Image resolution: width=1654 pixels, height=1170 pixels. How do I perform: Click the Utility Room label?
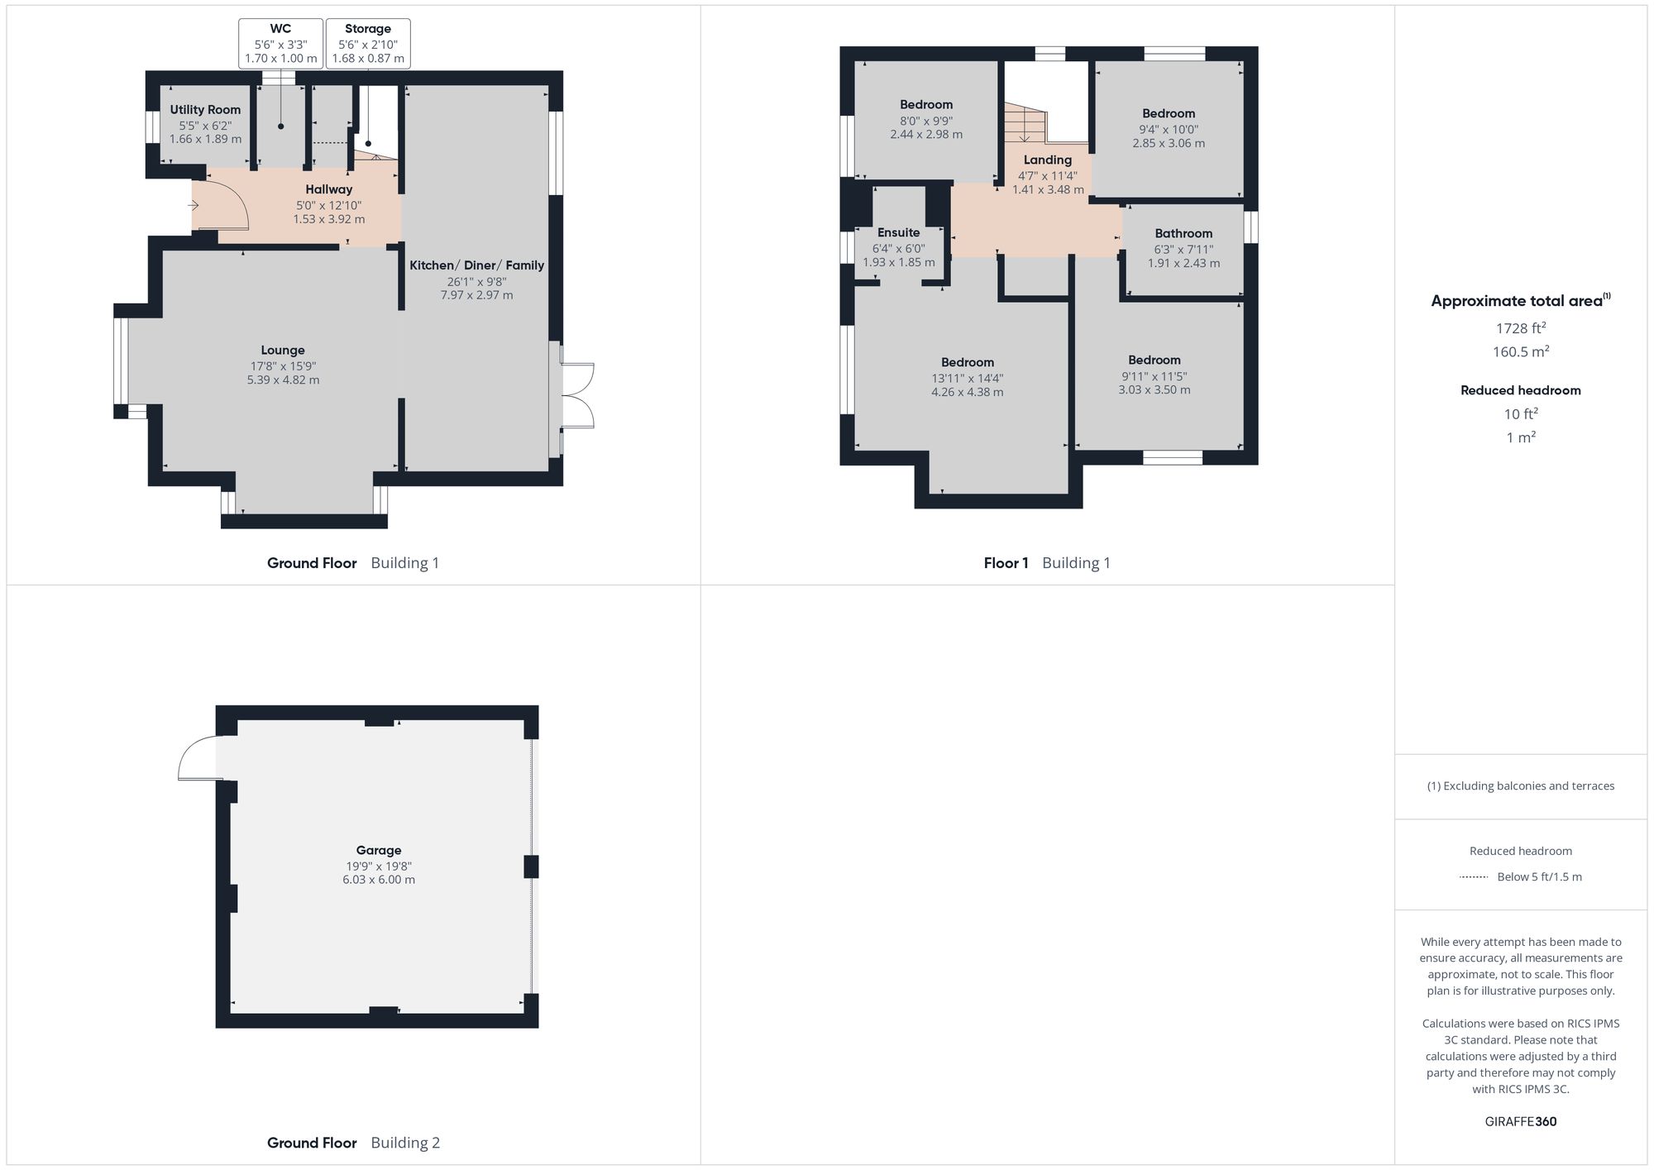coord(205,110)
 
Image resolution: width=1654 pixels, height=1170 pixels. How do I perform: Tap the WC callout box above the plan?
coord(280,44)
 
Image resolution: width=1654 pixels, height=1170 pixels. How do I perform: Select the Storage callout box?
coord(368,44)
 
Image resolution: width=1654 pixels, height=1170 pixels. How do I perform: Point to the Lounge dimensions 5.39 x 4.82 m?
coord(283,380)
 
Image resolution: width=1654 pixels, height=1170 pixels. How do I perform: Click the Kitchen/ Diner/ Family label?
coord(476,265)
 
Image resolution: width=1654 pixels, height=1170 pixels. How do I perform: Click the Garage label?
coord(379,850)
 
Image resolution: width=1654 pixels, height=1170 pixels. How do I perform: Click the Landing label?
coord(1048,160)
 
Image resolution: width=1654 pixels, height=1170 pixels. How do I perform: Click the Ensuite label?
coord(898,233)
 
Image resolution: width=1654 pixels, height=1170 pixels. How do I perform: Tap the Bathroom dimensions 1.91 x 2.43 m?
coord(1183,264)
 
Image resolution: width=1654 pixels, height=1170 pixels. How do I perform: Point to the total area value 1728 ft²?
coord(1520,328)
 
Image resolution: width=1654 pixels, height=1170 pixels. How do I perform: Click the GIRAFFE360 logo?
coord(1520,1122)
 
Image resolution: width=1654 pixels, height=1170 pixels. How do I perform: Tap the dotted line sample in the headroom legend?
coord(1474,877)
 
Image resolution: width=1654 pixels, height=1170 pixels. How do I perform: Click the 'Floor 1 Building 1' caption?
coord(1046,563)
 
